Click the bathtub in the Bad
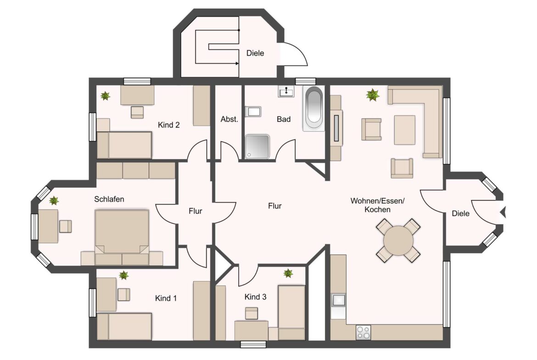(313, 109)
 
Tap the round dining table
(398, 241)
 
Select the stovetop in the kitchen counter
(364, 332)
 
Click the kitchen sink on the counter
(338, 300)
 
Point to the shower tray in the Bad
(257, 147)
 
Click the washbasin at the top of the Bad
(286, 91)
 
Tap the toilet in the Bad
(253, 111)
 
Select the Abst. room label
(229, 119)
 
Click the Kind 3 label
(255, 297)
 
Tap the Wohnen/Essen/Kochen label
(377, 205)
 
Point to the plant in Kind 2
(106, 96)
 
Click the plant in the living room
(372, 95)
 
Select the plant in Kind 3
(288, 273)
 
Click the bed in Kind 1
(124, 327)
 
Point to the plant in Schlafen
(53, 200)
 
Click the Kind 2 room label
(168, 125)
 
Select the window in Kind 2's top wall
(137, 81)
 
